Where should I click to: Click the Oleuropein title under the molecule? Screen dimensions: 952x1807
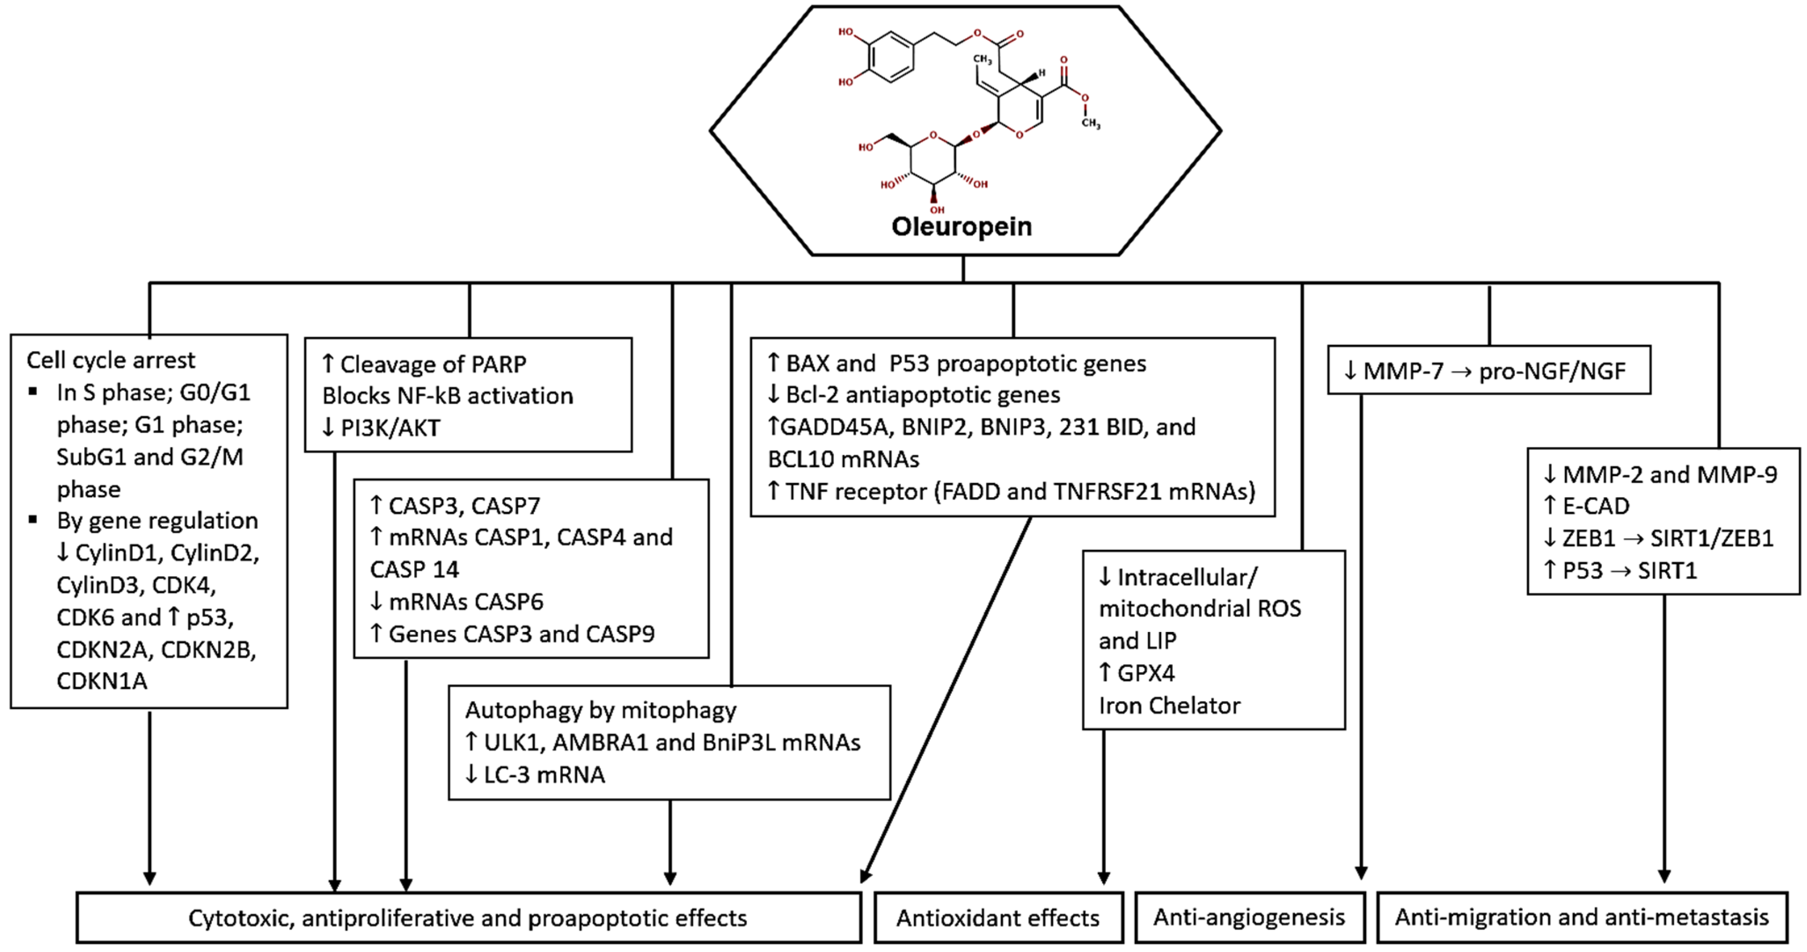click(961, 227)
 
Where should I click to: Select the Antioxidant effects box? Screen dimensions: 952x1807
click(998, 918)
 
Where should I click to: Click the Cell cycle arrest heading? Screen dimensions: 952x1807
click(111, 360)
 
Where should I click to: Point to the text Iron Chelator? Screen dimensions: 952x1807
click(1169, 705)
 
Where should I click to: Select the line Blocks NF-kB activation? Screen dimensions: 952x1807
click(447, 395)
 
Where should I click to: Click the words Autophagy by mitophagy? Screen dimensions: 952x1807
click(600, 710)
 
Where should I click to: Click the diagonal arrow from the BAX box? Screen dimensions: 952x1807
click(947, 698)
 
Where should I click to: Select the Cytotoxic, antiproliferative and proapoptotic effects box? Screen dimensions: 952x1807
click(468, 918)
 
